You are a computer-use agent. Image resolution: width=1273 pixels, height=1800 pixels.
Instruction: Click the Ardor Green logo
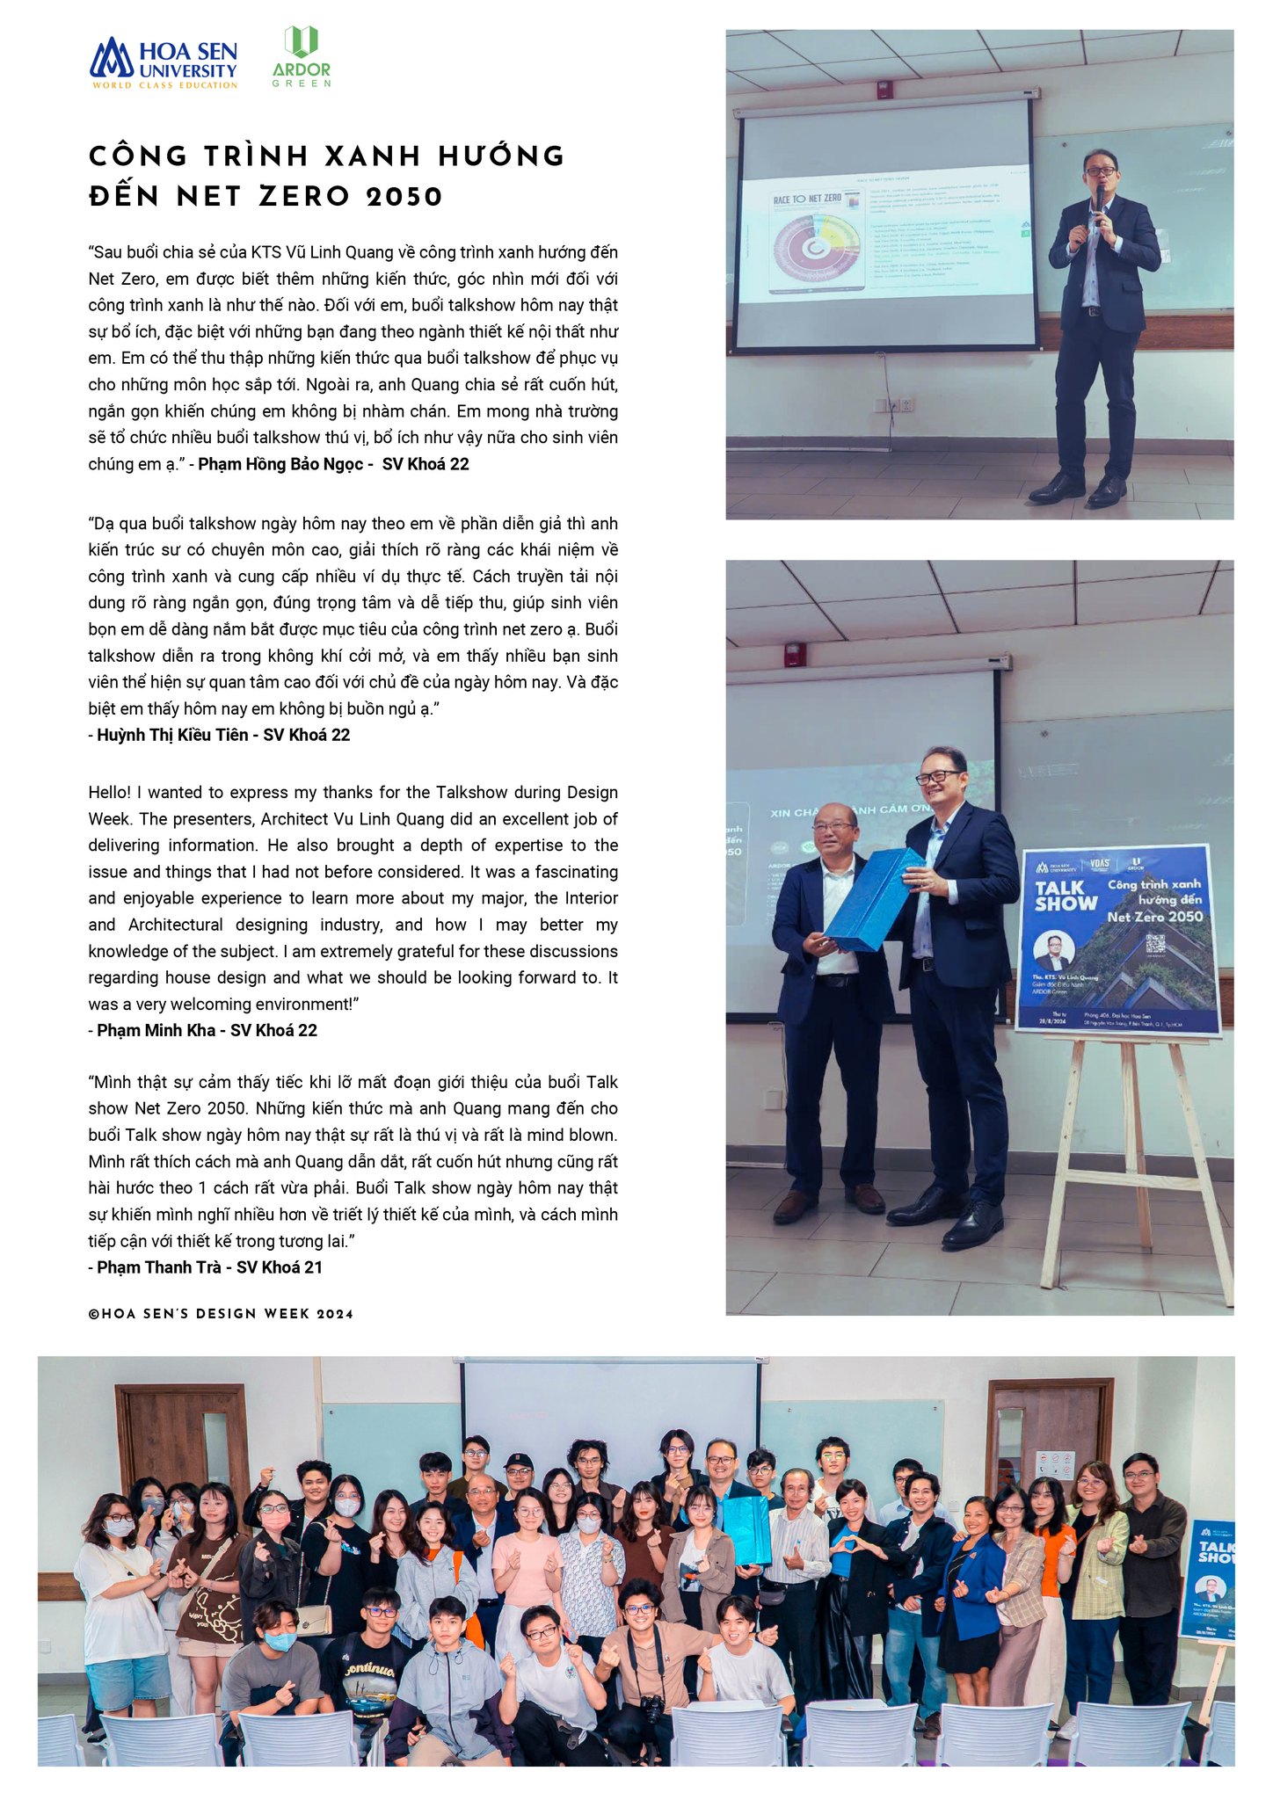[x=302, y=57]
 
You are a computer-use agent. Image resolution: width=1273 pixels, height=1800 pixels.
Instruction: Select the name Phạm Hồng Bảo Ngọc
[x=280, y=464]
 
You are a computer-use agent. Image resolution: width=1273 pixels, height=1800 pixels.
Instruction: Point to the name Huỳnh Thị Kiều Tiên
[x=172, y=735]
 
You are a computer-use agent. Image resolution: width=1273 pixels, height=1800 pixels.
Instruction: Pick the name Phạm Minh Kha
[x=156, y=1030]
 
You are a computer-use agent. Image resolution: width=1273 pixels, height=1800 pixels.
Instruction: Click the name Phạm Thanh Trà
[x=159, y=1267]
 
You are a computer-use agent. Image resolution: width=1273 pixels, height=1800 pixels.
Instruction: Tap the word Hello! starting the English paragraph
[x=109, y=792]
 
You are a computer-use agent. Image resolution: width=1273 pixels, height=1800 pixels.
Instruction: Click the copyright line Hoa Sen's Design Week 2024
[x=221, y=1315]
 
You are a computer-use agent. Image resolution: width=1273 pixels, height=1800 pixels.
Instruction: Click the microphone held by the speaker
[x=1099, y=198]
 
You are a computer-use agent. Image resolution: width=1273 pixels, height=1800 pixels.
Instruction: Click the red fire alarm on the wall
[x=794, y=654]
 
